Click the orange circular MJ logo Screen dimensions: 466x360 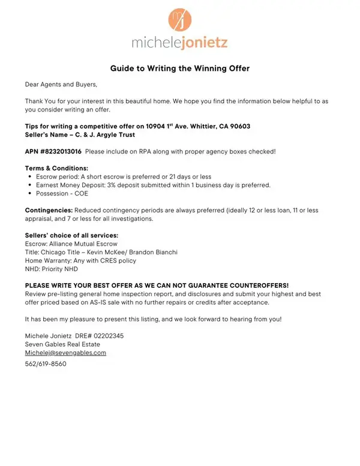point(179,19)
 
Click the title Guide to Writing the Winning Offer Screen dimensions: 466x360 point(179,68)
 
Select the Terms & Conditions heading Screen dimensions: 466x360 point(56,169)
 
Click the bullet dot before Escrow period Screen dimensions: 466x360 point(30,177)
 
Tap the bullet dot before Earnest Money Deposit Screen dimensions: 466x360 point(30,185)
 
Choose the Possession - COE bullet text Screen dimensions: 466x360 point(62,194)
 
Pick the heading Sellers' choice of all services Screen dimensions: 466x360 point(71,235)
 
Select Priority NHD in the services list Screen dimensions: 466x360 point(58,269)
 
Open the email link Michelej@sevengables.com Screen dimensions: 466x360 point(65,353)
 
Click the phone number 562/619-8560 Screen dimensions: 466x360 point(46,364)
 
